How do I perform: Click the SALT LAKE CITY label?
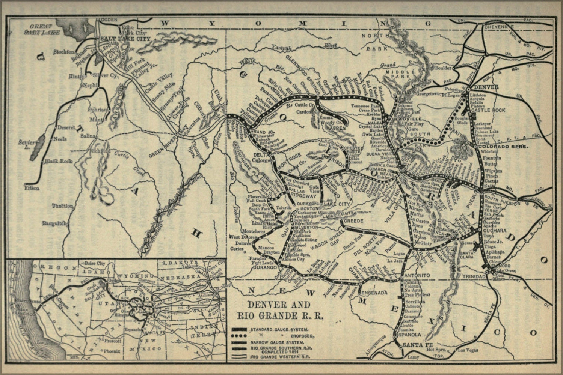124,39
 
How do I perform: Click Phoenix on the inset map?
112,351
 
